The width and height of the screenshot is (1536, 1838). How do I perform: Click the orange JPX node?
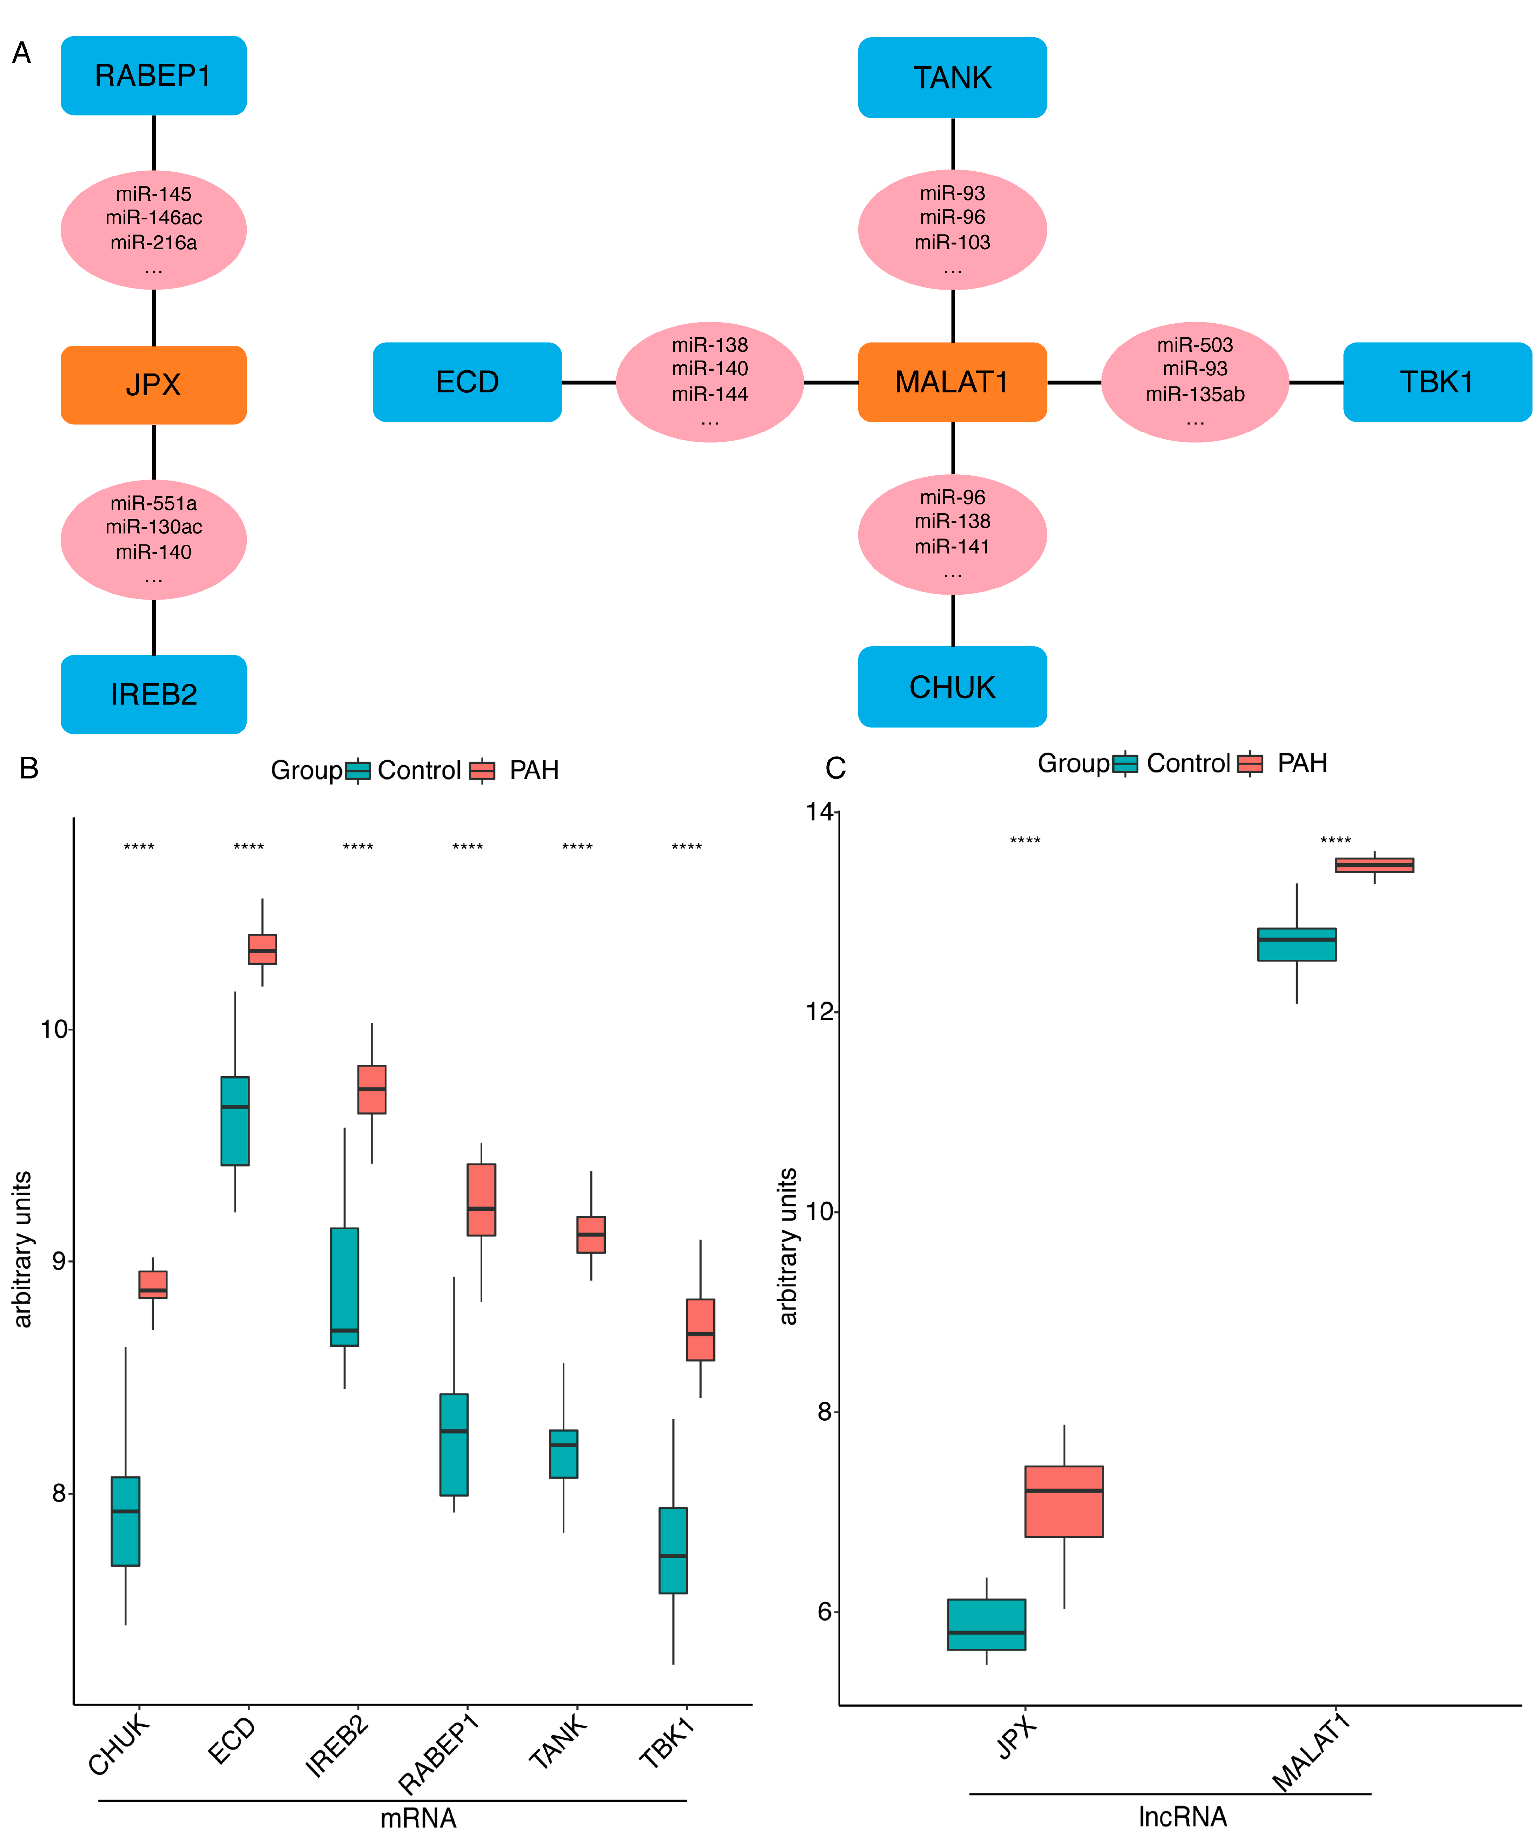[153, 385]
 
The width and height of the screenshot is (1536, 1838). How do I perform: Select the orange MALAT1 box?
[952, 383]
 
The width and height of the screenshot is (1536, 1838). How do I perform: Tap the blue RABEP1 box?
[153, 76]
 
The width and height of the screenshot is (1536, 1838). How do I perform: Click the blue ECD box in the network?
[466, 383]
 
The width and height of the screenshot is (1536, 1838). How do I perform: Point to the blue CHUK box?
[952, 687]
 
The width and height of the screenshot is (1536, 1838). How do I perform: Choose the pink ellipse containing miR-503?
[1195, 383]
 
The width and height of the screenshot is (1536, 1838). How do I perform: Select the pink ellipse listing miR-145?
[153, 230]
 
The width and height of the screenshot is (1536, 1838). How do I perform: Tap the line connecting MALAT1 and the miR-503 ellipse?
[1074, 383]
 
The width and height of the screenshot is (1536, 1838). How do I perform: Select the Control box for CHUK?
[125, 1521]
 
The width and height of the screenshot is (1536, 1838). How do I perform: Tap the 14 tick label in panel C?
[820, 812]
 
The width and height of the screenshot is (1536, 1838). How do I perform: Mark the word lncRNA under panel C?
[1183, 1818]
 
